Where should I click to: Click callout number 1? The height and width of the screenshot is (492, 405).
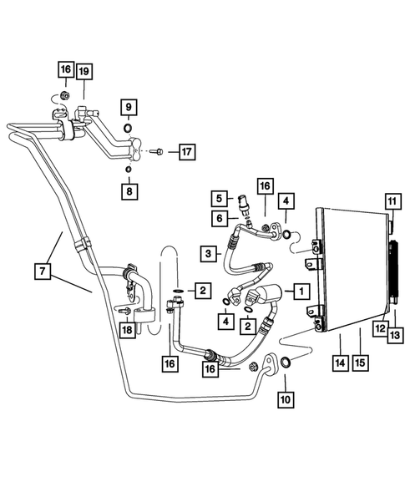pyautogui.click(x=299, y=291)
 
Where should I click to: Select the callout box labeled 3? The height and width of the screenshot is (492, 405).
pyautogui.click(x=206, y=252)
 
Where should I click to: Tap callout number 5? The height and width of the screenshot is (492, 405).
pyautogui.click(x=218, y=199)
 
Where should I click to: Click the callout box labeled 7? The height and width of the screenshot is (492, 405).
pyautogui.click(x=42, y=271)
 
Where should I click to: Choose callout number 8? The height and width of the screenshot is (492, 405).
pyautogui.click(x=128, y=192)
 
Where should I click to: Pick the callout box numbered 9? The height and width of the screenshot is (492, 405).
pyautogui.click(x=128, y=107)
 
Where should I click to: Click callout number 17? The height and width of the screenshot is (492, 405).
pyautogui.click(x=185, y=152)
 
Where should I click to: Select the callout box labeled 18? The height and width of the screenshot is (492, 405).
pyautogui.click(x=127, y=332)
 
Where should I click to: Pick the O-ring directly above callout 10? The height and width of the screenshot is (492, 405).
pyautogui.click(x=286, y=363)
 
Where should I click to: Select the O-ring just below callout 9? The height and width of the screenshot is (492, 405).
pyautogui.click(x=127, y=128)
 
